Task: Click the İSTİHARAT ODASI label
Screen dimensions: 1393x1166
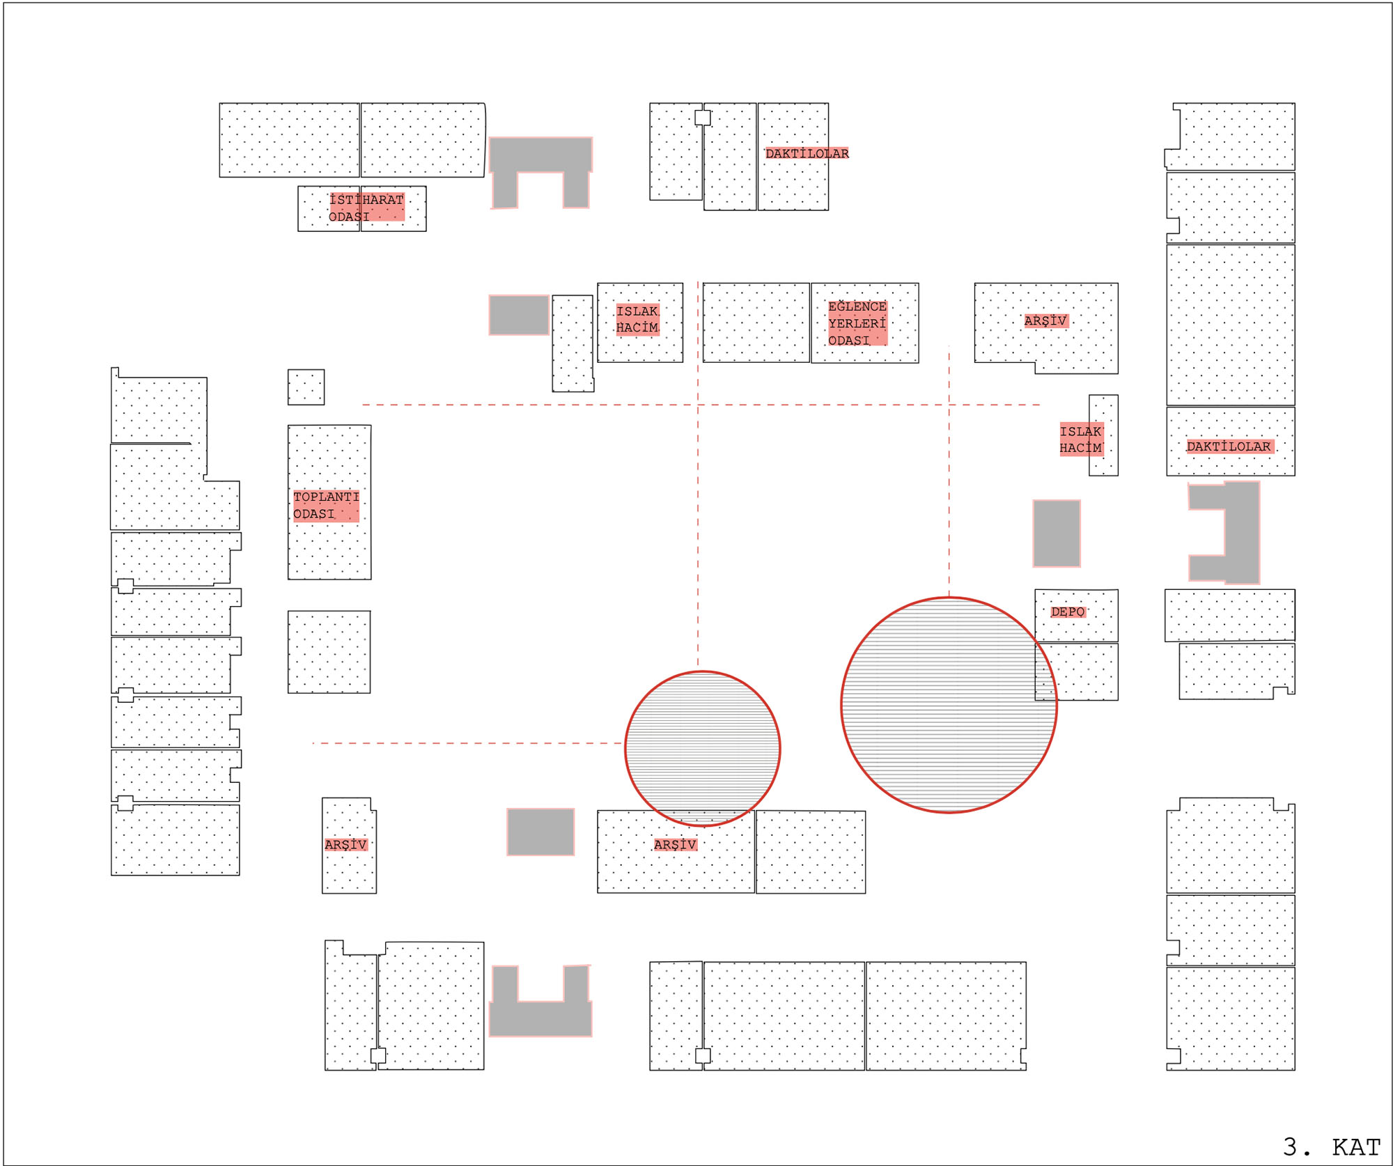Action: click(x=366, y=208)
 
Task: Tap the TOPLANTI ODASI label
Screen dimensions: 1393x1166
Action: click(x=326, y=505)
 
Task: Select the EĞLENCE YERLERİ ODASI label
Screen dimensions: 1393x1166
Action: click(x=857, y=323)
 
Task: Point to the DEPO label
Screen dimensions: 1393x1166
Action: click(x=1068, y=612)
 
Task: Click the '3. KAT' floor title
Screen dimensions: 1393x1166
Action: click(x=1331, y=1146)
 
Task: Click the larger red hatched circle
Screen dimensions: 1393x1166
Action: click(x=949, y=704)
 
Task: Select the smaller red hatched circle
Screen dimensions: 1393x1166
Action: click(x=702, y=748)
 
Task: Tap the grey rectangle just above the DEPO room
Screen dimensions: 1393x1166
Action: click(x=1056, y=533)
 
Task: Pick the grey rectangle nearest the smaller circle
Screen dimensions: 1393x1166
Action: click(x=540, y=832)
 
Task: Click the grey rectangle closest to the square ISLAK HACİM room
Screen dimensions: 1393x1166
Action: click(x=519, y=315)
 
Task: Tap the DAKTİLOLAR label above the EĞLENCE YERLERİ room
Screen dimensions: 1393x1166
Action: click(x=807, y=153)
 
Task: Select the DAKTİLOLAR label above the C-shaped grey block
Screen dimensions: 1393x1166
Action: click(x=1229, y=446)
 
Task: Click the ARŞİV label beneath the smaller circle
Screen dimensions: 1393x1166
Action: click(x=675, y=844)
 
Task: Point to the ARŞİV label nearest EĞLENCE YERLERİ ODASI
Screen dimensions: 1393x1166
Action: click(x=1045, y=320)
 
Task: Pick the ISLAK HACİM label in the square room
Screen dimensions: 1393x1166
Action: click(x=637, y=320)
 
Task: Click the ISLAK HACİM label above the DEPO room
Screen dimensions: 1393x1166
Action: click(x=1081, y=440)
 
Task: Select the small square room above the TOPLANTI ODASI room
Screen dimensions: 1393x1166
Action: click(x=306, y=387)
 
